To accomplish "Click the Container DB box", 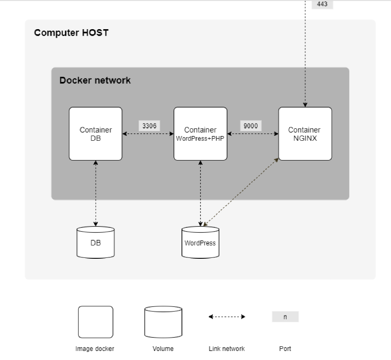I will coord(95,134).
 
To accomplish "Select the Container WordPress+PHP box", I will coord(200,134).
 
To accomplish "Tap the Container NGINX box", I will coord(305,134).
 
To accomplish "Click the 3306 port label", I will coord(149,126).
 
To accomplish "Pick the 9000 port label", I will coord(251,126).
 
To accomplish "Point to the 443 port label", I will coord(321,4).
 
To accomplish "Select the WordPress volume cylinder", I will coord(200,242).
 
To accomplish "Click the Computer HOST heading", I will coord(71,33).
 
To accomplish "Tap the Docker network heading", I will coord(95,80).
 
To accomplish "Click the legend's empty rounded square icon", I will coord(95,322).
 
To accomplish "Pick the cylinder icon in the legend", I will coord(163,322).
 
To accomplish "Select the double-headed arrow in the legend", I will coord(227,317).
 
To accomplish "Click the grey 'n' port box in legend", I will coord(285,317).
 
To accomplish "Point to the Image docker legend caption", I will coord(95,349).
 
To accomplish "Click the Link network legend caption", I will coord(227,349).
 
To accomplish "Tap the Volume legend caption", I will coord(163,349).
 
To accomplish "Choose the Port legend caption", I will coord(285,349).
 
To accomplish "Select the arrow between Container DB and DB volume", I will coord(95,193).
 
